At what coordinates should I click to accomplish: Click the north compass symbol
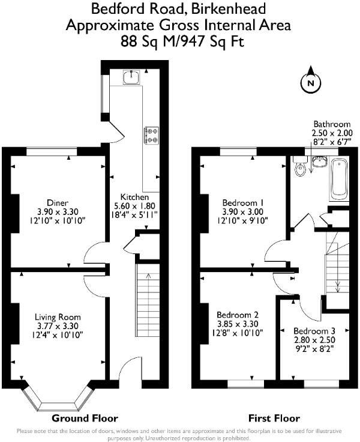click(x=310, y=83)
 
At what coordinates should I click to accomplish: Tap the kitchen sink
click(x=132, y=77)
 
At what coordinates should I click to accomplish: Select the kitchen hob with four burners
click(x=151, y=135)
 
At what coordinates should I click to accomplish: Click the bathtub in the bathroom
click(x=338, y=180)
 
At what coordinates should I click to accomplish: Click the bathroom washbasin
click(x=319, y=163)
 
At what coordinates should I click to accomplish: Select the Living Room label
click(x=57, y=317)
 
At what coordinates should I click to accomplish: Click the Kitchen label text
click(x=131, y=197)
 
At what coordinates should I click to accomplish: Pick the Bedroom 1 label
click(x=238, y=202)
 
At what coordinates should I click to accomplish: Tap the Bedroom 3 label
click(x=314, y=331)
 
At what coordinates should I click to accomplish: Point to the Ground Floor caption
click(x=85, y=418)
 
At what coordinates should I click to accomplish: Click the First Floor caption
click(x=274, y=418)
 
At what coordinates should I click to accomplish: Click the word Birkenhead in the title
click(x=232, y=9)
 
